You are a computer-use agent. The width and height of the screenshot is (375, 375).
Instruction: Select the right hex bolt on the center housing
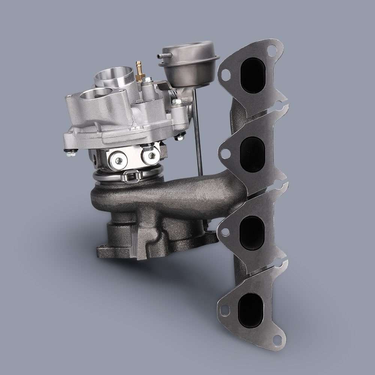150,154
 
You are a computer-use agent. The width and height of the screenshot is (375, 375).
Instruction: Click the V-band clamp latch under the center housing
133,175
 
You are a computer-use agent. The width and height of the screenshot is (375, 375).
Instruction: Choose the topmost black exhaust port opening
253,75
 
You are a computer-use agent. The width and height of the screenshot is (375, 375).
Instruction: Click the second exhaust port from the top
252,154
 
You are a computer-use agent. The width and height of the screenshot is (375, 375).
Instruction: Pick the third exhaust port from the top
251,232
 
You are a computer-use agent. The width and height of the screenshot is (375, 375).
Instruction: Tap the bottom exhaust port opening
250,309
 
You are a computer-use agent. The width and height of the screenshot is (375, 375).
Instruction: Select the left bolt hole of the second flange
225,153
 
